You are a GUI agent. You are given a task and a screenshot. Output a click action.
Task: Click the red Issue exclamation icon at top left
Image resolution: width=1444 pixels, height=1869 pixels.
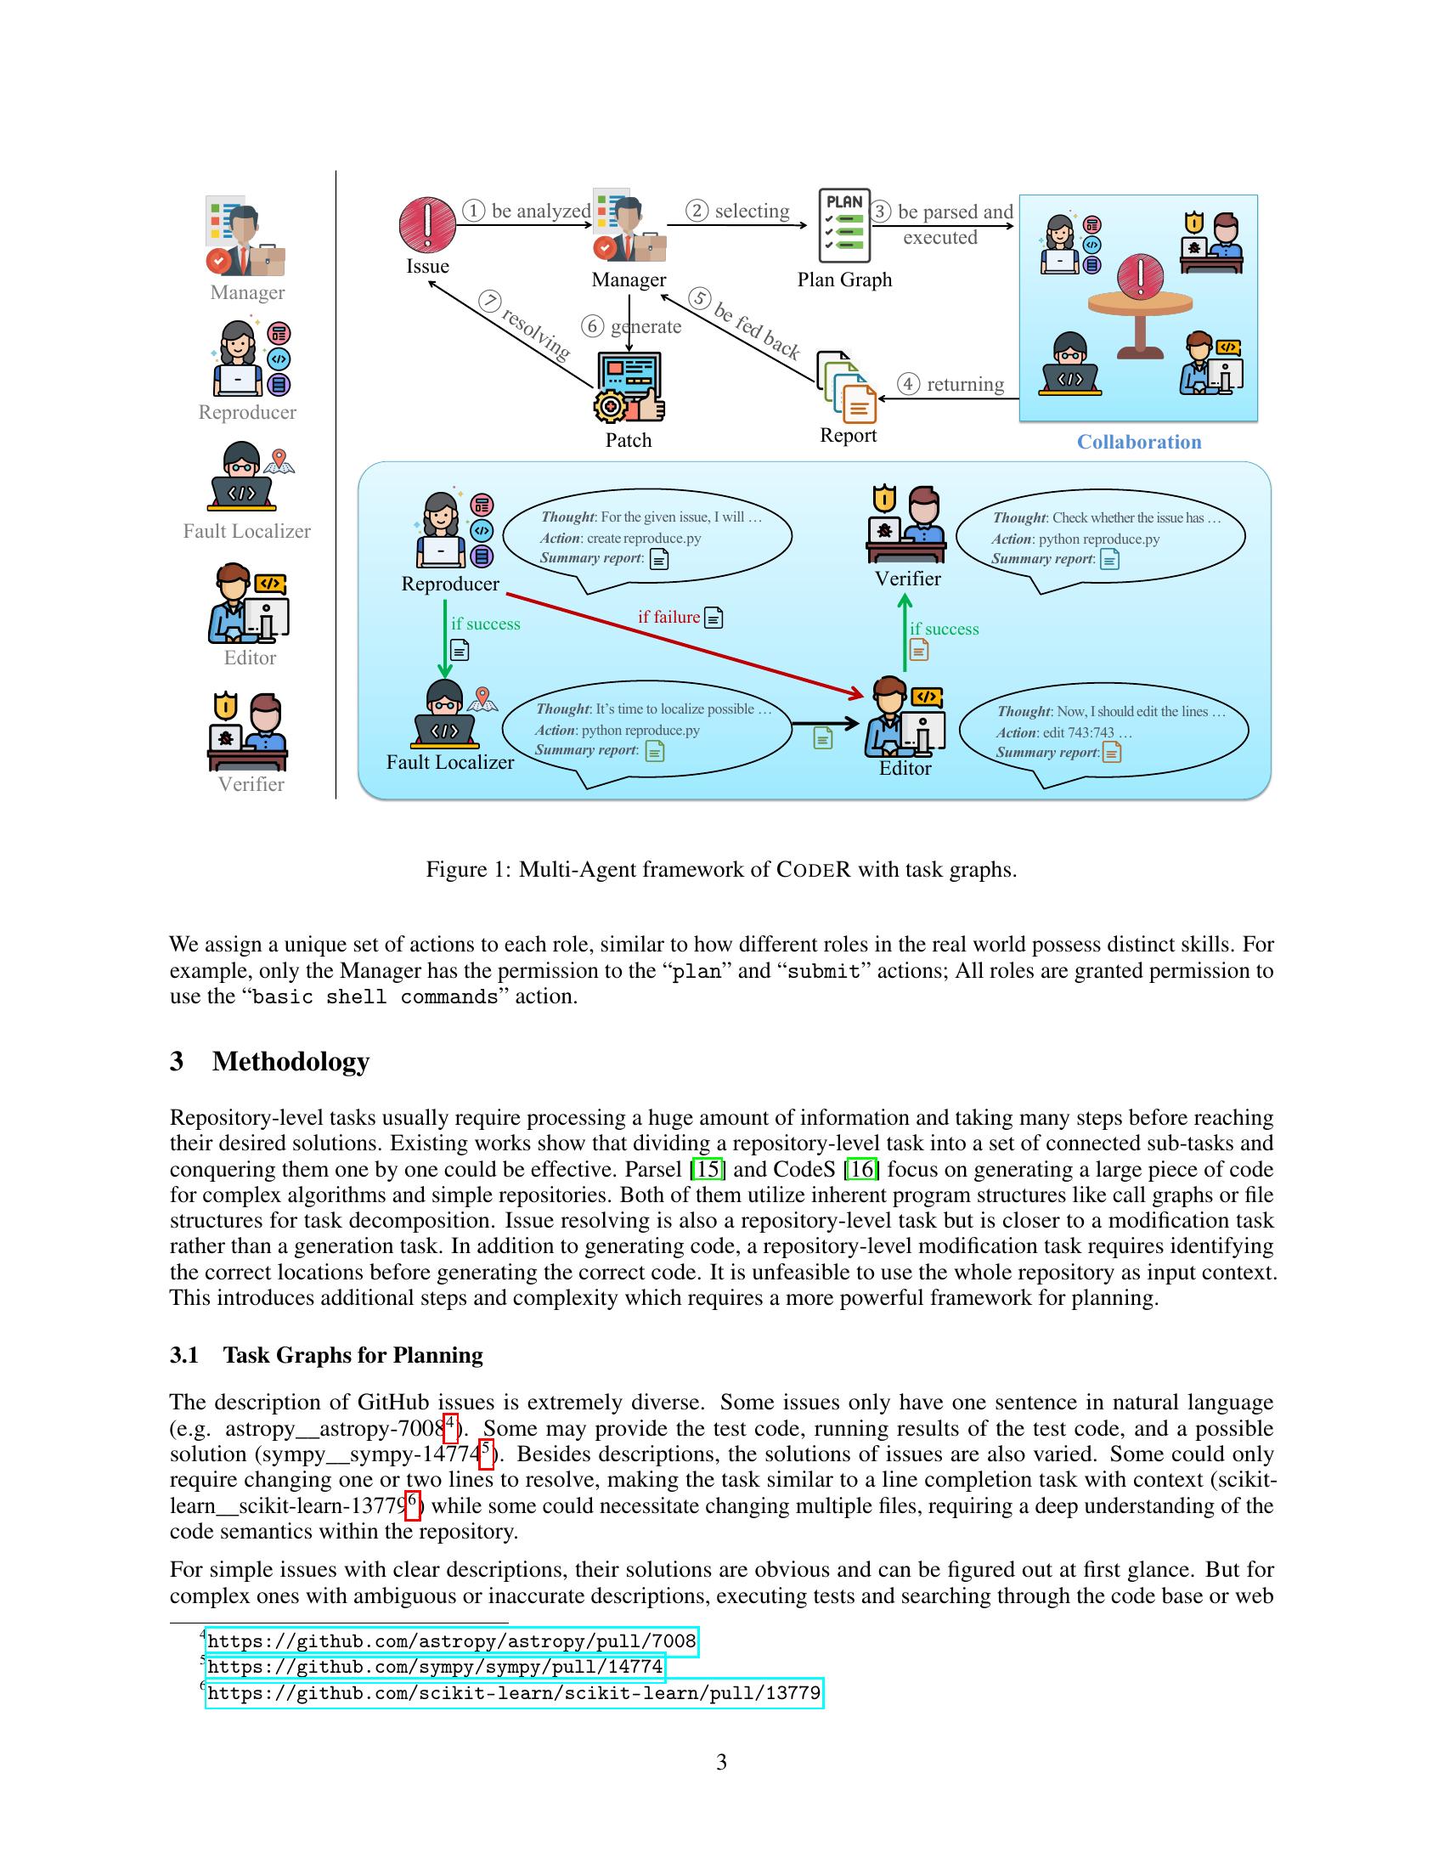pyautogui.click(x=427, y=224)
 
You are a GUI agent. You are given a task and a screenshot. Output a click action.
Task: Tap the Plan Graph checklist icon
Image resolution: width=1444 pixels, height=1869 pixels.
pyautogui.click(x=844, y=225)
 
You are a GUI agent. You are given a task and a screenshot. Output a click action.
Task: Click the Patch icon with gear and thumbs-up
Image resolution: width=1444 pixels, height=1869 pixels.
pyautogui.click(x=629, y=388)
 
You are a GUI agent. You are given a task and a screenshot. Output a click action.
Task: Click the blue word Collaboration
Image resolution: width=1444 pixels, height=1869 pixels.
pyautogui.click(x=1138, y=442)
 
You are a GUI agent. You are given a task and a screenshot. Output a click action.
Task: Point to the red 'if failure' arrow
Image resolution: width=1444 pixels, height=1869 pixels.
pyautogui.click(x=685, y=641)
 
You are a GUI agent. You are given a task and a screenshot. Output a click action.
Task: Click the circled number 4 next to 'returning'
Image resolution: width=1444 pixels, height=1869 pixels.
pyautogui.click(x=908, y=384)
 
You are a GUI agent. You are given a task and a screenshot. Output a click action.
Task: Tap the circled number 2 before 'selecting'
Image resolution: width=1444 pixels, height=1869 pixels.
pyautogui.click(x=697, y=211)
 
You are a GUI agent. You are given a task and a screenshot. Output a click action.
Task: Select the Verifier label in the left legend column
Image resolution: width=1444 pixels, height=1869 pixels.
pyautogui.click(x=251, y=784)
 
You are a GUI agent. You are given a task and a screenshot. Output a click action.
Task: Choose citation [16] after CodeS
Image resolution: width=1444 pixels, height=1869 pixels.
pyautogui.click(x=860, y=1169)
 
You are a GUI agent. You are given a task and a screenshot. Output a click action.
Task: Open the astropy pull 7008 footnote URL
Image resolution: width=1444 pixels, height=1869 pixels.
pyautogui.click(x=452, y=1641)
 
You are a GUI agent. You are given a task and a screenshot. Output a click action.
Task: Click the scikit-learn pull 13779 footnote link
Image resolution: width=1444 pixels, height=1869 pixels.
pyautogui.click(x=513, y=1692)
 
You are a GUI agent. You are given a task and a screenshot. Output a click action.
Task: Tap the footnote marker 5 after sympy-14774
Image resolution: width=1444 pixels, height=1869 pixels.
pyautogui.click(x=485, y=1452)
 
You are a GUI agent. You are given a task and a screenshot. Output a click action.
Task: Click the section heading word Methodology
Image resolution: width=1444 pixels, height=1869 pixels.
pyautogui.click(x=290, y=1061)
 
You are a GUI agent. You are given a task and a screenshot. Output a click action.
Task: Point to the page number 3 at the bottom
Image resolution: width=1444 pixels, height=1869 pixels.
pyautogui.click(x=721, y=1762)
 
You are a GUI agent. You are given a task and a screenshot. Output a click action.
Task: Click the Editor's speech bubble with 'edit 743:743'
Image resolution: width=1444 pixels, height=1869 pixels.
pyautogui.click(x=1103, y=731)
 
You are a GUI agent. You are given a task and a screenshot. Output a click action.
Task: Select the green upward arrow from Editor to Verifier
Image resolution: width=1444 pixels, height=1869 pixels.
pyautogui.click(x=905, y=633)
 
